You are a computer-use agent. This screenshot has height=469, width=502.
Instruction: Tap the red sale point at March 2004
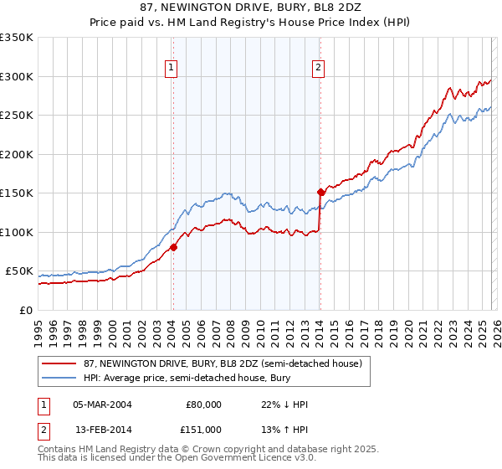pyautogui.click(x=173, y=247)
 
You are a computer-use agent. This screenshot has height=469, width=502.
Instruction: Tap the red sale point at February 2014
pyautogui.click(x=320, y=192)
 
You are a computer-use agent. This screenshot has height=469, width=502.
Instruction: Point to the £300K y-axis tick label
pyautogui.click(x=17, y=76)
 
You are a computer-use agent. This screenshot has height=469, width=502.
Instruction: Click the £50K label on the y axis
pyautogui.click(x=19, y=271)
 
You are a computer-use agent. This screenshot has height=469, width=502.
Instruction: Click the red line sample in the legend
pyautogui.click(x=59, y=363)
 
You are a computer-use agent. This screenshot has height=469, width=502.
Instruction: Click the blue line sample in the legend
pyautogui.click(x=59, y=379)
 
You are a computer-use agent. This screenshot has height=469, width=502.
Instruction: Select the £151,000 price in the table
pyautogui.click(x=202, y=429)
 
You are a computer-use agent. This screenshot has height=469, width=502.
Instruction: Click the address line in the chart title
pyautogui.click(x=251, y=8)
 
